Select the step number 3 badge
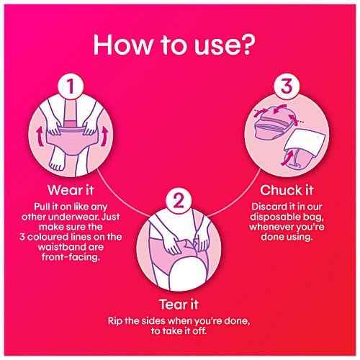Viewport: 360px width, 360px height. pos(286,89)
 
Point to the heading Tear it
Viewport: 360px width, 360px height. pos(180,303)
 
